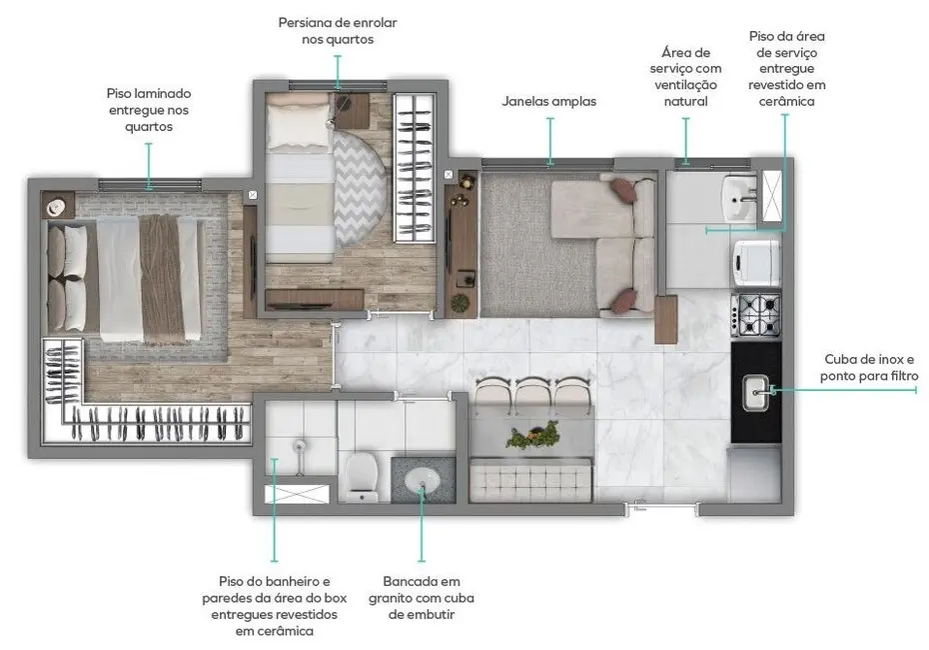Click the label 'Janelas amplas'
pyautogui.click(x=548, y=101)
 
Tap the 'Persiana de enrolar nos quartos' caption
pyautogui.click(x=337, y=31)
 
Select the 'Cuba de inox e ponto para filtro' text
pyautogui.click(x=868, y=367)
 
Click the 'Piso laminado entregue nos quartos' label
pyautogui.click(x=149, y=110)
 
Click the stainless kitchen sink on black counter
pyautogui.click(x=756, y=392)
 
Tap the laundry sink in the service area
pyautogui.click(x=740, y=198)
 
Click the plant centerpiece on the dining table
pyautogui.click(x=531, y=437)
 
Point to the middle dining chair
pyautogui.click(x=531, y=396)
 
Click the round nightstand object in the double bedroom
pyautogui.click(x=57, y=206)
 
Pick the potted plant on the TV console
pyautogui.click(x=461, y=301)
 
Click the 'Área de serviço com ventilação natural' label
pyautogui.click(x=685, y=76)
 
